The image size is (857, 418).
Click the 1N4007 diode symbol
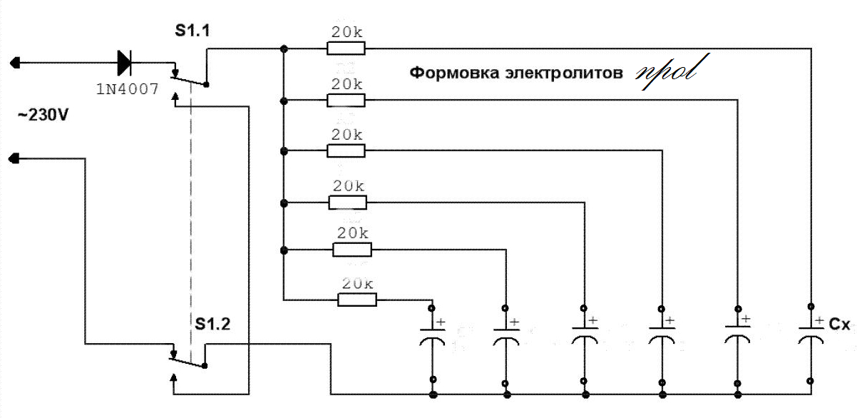(124, 63)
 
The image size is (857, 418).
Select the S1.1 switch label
(192, 32)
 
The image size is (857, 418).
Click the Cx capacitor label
(838, 324)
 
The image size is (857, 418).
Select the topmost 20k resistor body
(346, 49)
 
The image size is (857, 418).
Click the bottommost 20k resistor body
(356, 300)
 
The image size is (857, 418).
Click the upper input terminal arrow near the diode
(16, 63)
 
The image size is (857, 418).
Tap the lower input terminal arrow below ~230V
(16, 159)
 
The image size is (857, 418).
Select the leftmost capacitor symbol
(431, 337)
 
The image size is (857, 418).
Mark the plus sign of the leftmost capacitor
(441, 322)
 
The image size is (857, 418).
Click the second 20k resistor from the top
(346, 100)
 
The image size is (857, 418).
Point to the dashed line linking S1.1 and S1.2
(191, 207)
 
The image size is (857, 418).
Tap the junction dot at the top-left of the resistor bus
(284, 49)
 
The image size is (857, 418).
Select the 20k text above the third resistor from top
(347, 135)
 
